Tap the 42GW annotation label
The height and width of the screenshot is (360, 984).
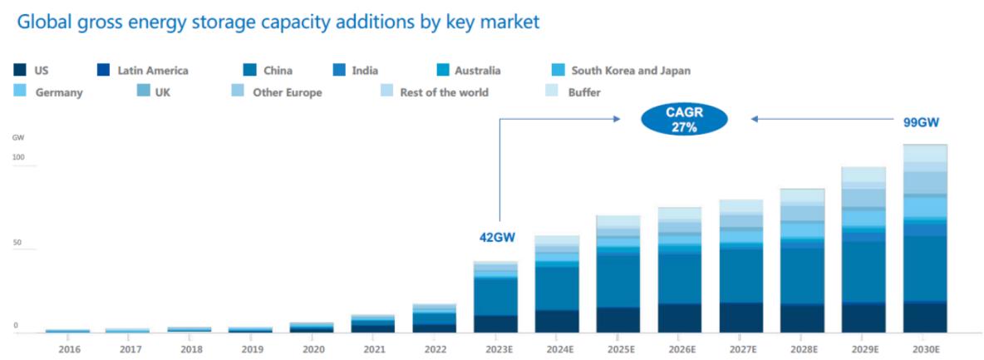[x=497, y=237]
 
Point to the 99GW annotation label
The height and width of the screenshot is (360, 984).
[x=921, y=122]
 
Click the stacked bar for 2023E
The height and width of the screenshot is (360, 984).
[x=495, y=297]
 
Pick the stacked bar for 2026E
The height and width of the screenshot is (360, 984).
[x=680, y=270]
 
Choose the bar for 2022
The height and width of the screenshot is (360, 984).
[x=435, y=318]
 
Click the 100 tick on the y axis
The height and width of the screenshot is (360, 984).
[x=19, y=158]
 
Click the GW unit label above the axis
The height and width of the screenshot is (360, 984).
[x=17, y=136]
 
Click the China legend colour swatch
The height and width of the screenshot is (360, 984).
[x=248, y=71]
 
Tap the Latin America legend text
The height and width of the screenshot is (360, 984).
[x=153, y=71]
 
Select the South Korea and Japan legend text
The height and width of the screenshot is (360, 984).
[x=631, y=71]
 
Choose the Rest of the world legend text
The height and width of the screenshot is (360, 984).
[x=444, y=92]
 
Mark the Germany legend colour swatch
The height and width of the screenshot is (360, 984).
[x=21, y=91]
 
